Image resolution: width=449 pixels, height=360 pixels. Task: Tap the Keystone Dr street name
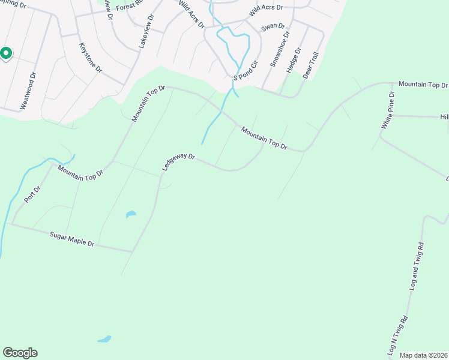tap(91, 58)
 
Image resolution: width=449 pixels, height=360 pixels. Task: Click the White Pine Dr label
tap(388, 110)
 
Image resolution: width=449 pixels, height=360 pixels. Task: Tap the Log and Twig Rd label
tap(416, 266)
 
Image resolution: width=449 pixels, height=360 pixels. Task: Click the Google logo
tap(20, 353)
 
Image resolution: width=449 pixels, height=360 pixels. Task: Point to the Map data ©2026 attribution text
tap(424, 355)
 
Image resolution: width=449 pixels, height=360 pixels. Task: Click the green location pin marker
tap(5, 54)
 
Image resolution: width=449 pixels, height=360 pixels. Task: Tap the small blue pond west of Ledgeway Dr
tap(130, 214)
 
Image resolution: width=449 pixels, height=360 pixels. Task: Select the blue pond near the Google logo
tap(105, 339)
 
